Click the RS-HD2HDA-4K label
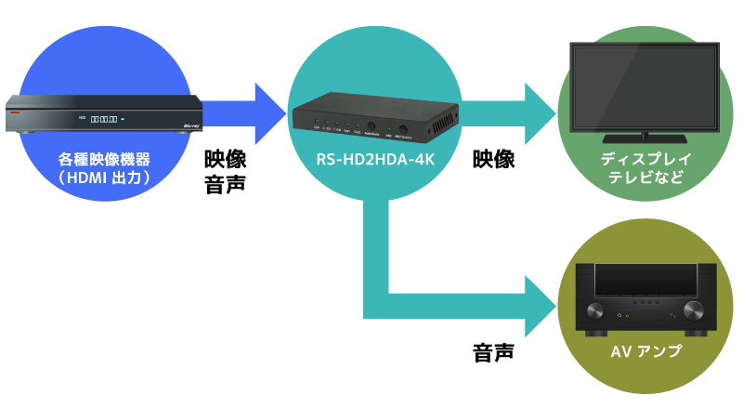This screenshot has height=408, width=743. click(x=375, y=161)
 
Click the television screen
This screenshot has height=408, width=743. click(x=640, y=87)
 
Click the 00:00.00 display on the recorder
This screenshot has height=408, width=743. click(x=104, y=118)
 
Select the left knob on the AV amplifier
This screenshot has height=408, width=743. click(x=597, y=309)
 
